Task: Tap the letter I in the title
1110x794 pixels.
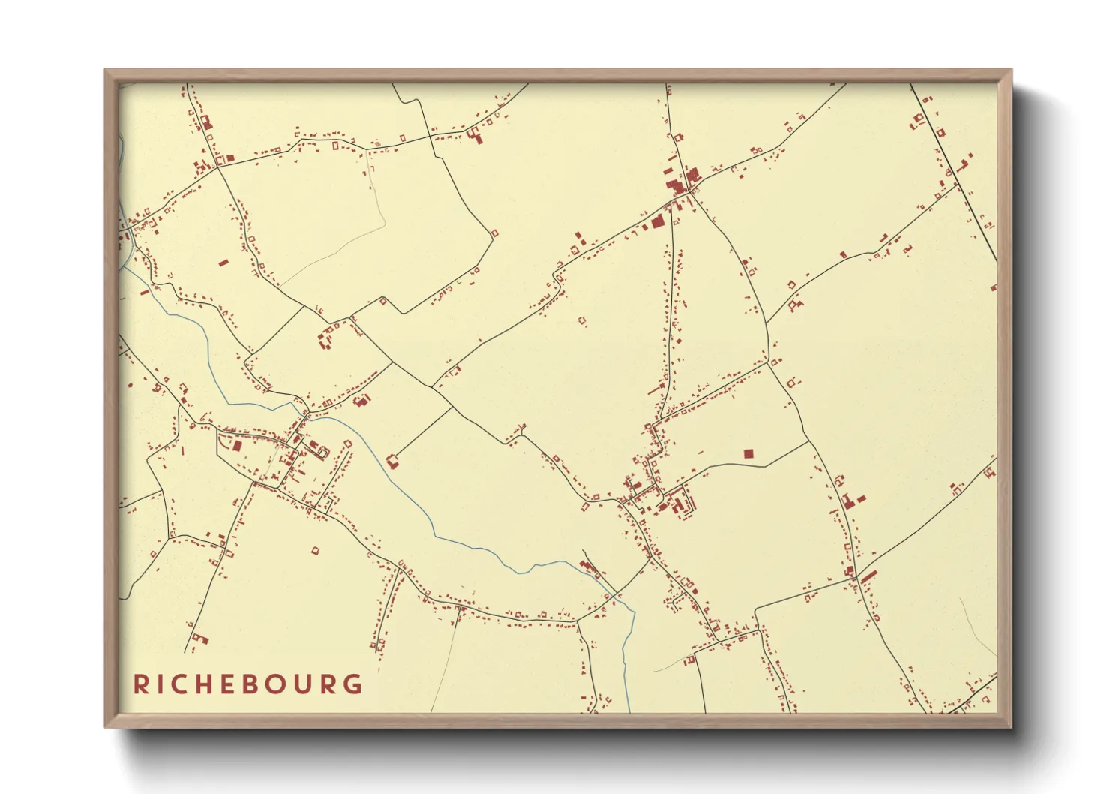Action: tap(160, 684)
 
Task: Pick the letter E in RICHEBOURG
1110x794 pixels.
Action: tap(228, 684)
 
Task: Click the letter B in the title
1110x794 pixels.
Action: tap(250, 684)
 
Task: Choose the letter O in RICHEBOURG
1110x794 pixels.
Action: tap(276, 684)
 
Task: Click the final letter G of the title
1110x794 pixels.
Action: tap(352, 684)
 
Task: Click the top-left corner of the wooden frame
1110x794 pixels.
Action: tap(106, 71)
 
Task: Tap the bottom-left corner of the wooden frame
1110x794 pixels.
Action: tap(106, 726)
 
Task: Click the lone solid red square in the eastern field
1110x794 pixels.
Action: tap(748, 454)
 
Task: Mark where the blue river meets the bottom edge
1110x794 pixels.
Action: tap(628, 711)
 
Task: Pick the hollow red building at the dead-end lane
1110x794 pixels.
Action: tap(391, 460)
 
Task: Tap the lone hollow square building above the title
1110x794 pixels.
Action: tap(315, 551)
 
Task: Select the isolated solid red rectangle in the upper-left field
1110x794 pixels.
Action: tap(223, 263)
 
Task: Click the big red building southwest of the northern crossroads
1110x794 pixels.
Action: tap(657, 221)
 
